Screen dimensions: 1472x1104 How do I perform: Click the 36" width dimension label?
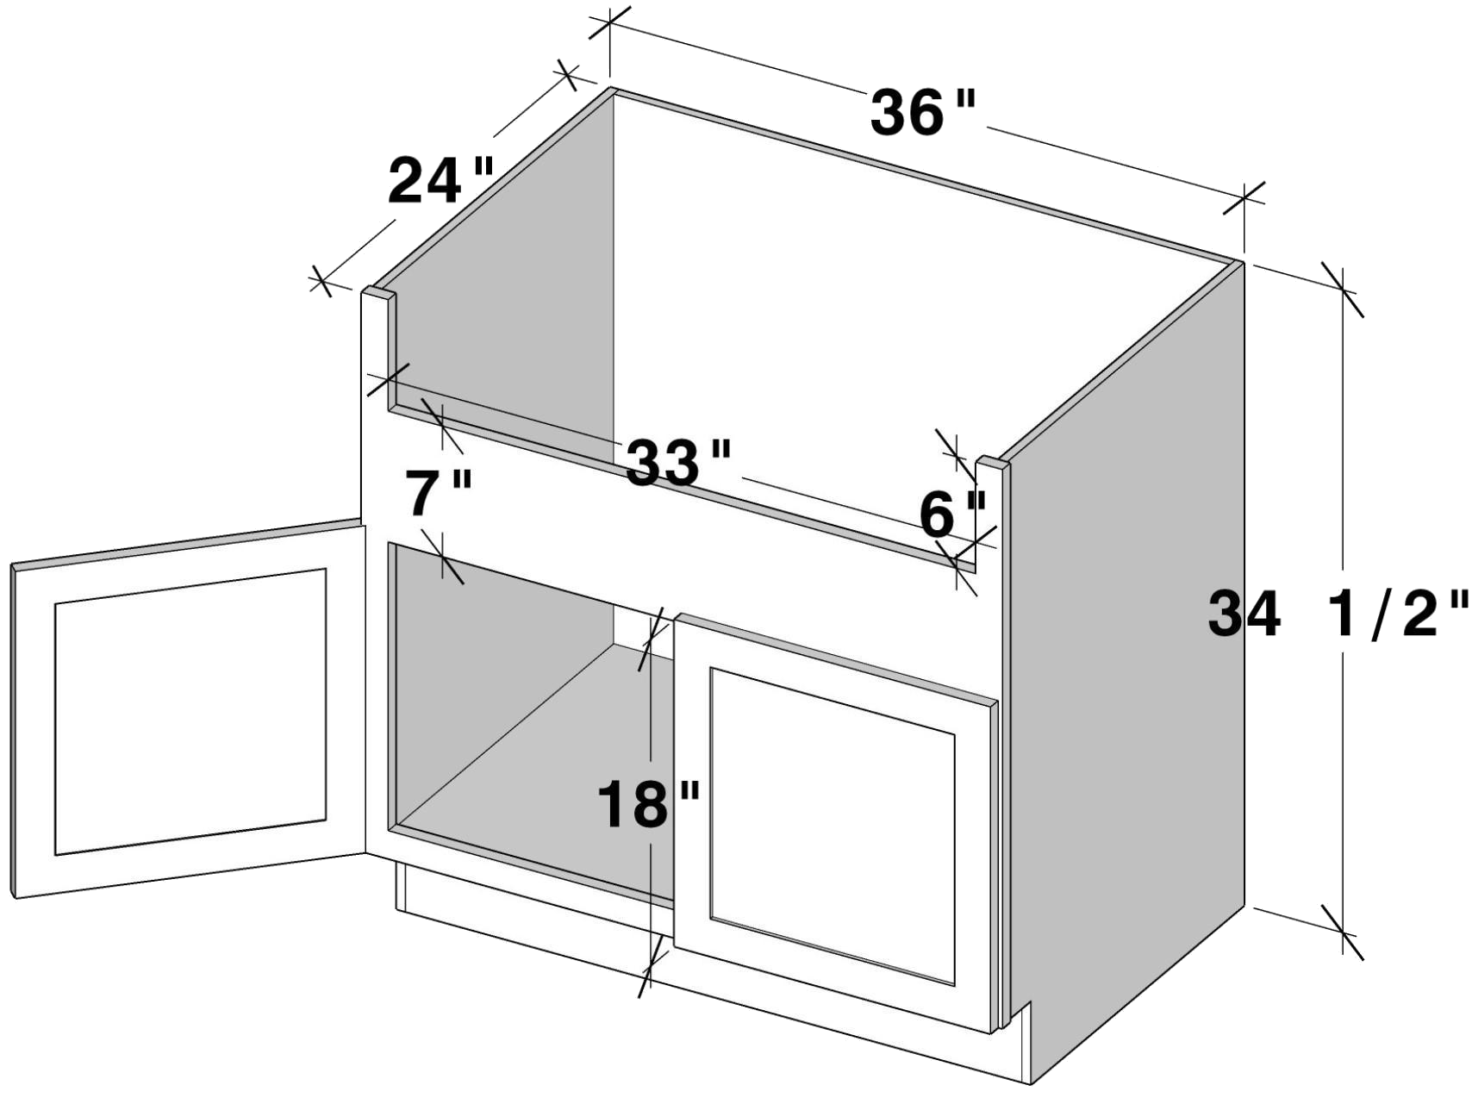(923, 112)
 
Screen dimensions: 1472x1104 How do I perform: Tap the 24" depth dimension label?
(440, 181)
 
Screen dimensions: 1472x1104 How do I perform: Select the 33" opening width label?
(678, 463)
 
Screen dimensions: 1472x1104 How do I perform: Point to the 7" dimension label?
(440, 493)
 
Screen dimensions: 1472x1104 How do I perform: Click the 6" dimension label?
(952, 515)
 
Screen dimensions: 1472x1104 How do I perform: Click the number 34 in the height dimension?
(1244, 613)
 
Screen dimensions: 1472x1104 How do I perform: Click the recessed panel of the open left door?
(190, 712)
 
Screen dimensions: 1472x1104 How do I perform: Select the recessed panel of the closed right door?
(833, 826)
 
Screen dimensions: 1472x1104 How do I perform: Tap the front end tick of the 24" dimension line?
(321, 281)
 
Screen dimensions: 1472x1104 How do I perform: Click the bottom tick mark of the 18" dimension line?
(652, 966)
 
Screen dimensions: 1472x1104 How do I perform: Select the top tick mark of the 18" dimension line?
(652, 639)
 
